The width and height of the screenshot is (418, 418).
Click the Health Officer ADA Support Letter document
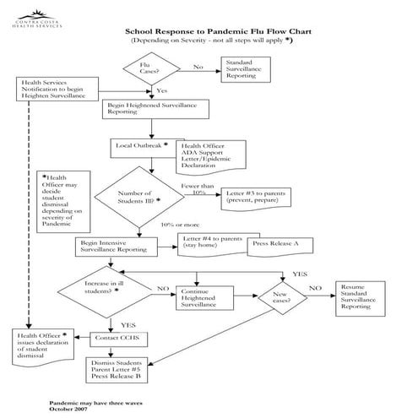coord(211,156)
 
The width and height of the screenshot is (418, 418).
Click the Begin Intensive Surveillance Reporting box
coord(113,246)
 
